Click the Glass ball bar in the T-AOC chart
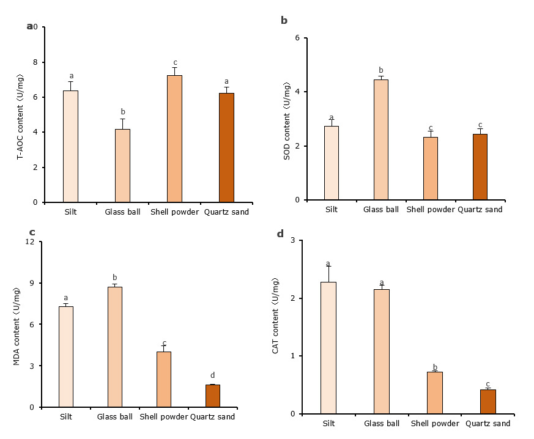pyautogui.click(x=122, y=166)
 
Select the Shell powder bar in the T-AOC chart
pyautogui.click(x=174, y=139)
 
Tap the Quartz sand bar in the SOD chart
pyautogui.click(x=480, y=167)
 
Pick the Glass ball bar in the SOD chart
pyautogui.click(x=381, y=140)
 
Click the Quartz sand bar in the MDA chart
pyautogui.click(x=213, y=396)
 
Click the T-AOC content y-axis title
pyautogui.click(x=20, y=116)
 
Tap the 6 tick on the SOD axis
pyautogui.click(x=297, y=38)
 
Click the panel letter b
pyautogui.click(x=284, y=21)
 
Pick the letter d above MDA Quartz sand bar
pyautogui.click(x=213, y=375)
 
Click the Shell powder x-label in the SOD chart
pyautogui.click(x=431, y=210)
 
